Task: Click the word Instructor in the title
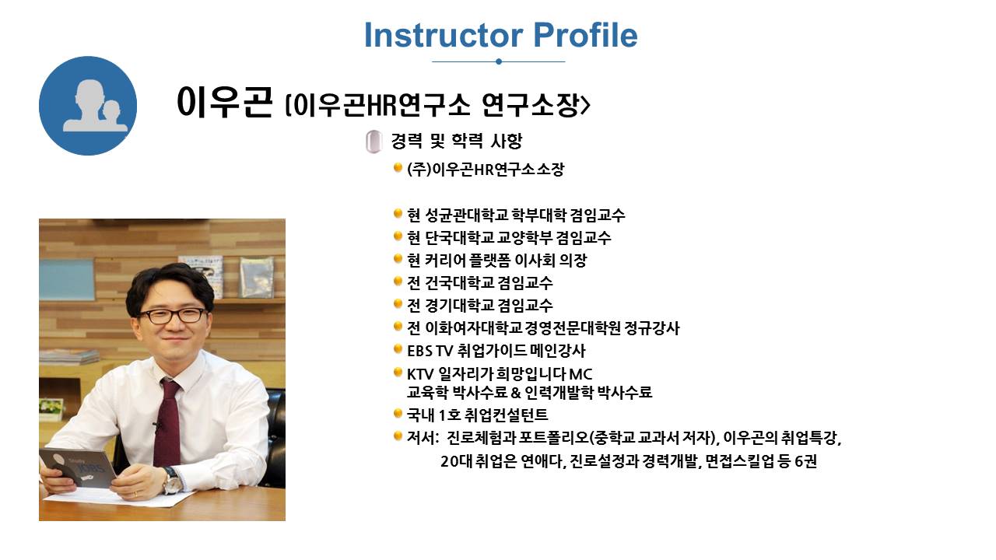click(x=444, y=35)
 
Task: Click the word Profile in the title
click(x=585, y=35)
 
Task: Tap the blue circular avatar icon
click(x=88, y=106)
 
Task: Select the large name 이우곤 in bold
click(x=224, y=102)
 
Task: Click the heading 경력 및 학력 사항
click(x=456, y=141)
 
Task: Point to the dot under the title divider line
click(x=499, y=61)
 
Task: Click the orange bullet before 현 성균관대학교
click(x=398, y=214)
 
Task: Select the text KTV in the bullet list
click(x=419, y=374)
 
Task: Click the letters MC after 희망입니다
click(x=580, y=374)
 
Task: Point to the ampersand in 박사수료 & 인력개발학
click(x=516, y=393)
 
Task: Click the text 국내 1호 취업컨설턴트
click(x=477, y=415)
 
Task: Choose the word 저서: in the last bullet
click(x=423, y=438)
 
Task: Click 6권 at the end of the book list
click(x=805, y=461)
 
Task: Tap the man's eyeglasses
click(x=173, y=316)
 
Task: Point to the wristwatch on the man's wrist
click(x=171, y=480)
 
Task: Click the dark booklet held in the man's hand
click(x=78, y=467)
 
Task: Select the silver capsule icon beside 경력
click(x=373, y=142)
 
